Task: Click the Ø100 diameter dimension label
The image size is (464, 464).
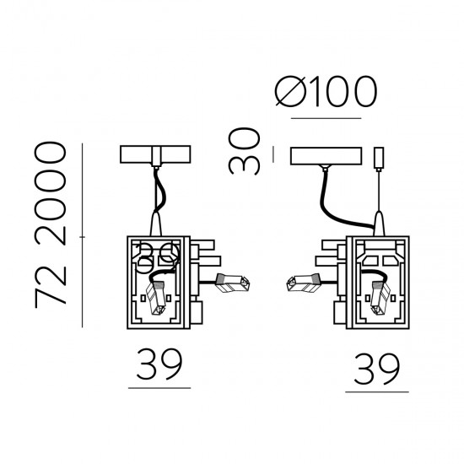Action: pos(324,93)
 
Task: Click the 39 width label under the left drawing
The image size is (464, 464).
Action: pos(159,364)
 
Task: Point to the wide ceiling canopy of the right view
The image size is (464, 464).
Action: pos(325,156)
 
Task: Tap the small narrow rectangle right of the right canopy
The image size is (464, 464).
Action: pos(379,157)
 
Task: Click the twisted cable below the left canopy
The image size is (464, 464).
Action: pos(157,192)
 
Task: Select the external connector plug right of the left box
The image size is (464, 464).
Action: pos(232,283)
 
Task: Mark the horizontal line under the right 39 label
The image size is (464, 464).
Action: pos(377,391)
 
